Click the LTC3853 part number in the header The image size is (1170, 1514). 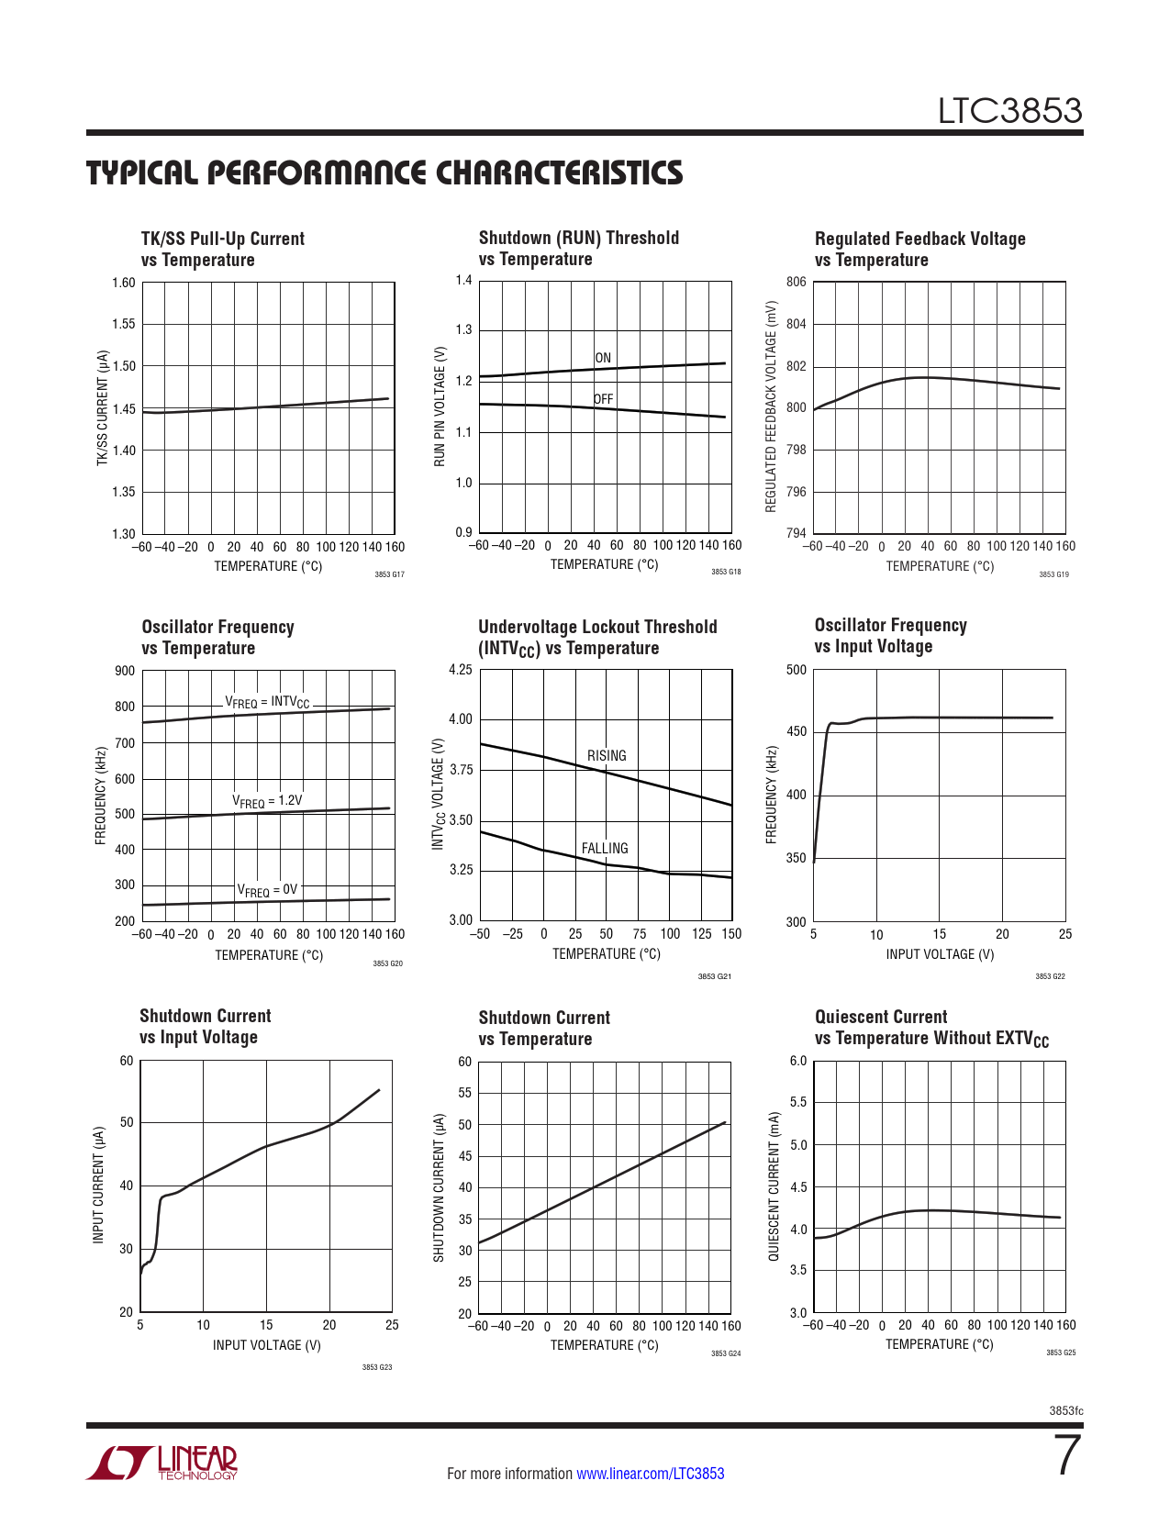point(1009,111)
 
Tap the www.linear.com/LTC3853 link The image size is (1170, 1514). point(650,1474)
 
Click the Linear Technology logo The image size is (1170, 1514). point(162,1463)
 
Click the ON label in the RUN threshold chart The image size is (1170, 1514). point(603,358)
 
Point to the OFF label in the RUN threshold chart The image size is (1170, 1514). point(603,399)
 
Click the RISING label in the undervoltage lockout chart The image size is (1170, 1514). point(607,755)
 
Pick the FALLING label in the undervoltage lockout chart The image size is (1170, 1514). point(605,848)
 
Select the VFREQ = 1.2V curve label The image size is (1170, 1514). point(267,801)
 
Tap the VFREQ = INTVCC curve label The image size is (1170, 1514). point(267,703)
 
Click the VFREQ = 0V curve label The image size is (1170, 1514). point(267,890)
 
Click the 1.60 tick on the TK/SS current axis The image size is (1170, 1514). point(124,283)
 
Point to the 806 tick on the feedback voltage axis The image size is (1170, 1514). point(797,282)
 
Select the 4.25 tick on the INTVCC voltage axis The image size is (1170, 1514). point(461,670)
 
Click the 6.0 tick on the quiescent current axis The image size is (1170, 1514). point(798,1062)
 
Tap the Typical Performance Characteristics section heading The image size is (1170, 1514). point(384,173)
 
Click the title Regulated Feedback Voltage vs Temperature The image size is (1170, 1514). point(919,249)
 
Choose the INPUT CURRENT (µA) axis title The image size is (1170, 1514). point(98,1186)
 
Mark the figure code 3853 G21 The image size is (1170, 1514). point(715,976)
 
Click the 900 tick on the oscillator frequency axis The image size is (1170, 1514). point(125,671)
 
